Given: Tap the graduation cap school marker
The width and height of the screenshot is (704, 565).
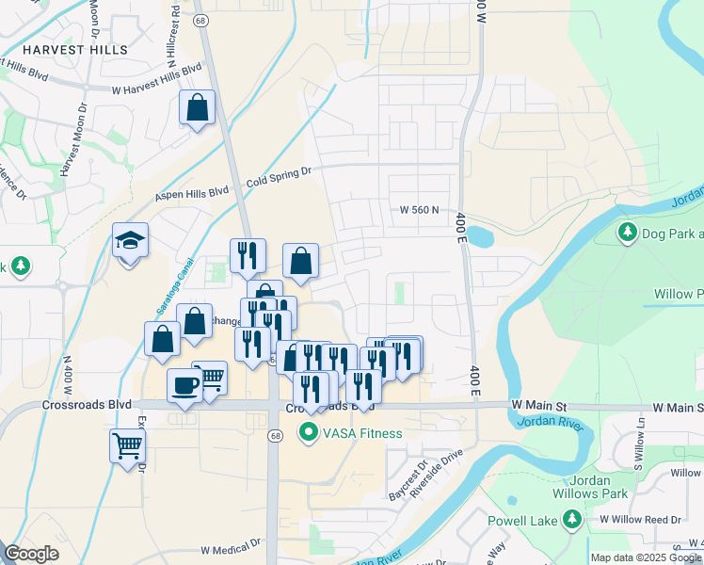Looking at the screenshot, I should pyautogui.click(x=131, y=242).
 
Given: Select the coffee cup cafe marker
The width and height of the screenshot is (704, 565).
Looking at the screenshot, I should pyautogui.click(x=184, y=386).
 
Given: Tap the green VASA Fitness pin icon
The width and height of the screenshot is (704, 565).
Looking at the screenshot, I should pyautogui.click(x=307, y=433).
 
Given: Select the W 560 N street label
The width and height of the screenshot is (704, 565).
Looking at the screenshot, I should pyautogui.click(x=420, y=210).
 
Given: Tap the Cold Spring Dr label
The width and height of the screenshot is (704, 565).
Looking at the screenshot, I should pyautogui.click(x=279, y=176).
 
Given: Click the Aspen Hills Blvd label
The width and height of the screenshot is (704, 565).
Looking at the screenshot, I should pyautogui.click(x=192, y=192).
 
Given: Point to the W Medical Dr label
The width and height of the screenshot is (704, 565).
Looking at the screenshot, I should pyautogui.click(x=230, y=546).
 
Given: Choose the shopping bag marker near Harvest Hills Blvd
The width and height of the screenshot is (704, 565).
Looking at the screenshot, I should pyautogui.click(x=198, y=108).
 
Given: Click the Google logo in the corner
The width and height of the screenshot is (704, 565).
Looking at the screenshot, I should pyautogui.click(x=32, y=554).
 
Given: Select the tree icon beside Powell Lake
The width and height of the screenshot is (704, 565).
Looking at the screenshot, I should pyautogui.click(x=571, y=519).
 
